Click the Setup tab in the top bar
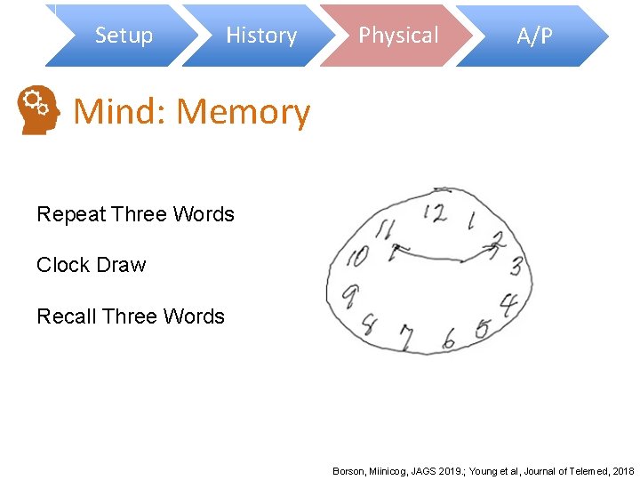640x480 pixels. point(124,36)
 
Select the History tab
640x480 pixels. point(260,36)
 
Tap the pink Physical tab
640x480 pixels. point(398,36)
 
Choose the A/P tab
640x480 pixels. point(534,36)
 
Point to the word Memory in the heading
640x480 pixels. point(244,113)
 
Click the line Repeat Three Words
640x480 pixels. point(135,214)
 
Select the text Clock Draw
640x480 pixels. point(91,265)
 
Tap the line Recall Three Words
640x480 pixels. point(131,316)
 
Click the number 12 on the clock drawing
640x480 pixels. point(435,213)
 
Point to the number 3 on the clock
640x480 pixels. point(515,266)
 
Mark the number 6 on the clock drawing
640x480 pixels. point(449,339)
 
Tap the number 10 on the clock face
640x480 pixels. point(357,258)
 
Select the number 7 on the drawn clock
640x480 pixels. point(406,339)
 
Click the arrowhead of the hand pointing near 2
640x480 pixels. point(490,248)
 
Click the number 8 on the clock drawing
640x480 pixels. point(370,324)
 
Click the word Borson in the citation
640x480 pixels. point(348,470)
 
